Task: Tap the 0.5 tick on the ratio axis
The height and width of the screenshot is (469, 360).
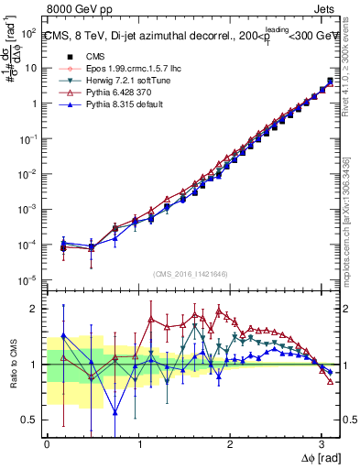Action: coord(30,420)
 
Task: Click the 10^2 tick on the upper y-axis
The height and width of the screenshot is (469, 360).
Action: coord(30,32)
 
